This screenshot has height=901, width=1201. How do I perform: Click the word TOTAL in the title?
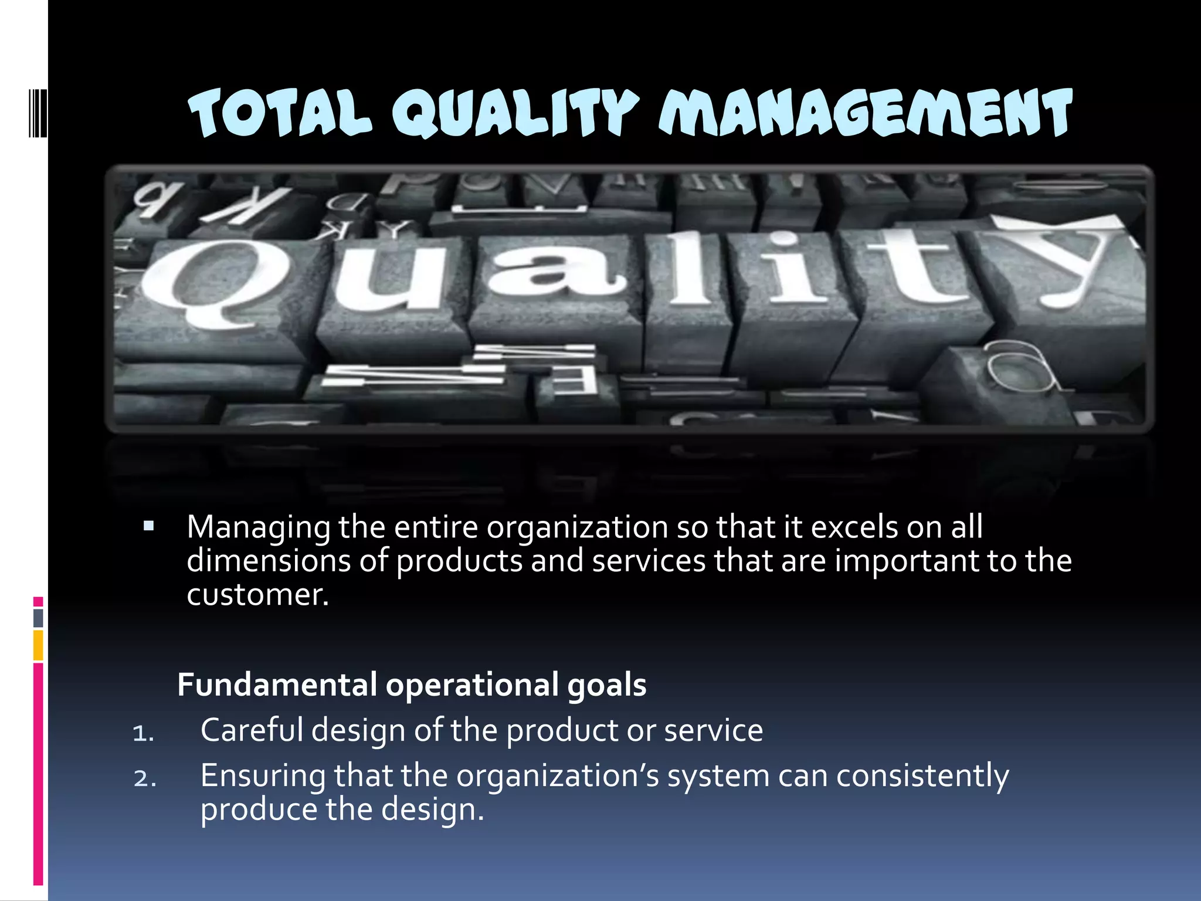(280, 113)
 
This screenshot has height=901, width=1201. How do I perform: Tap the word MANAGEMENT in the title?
(866, 113)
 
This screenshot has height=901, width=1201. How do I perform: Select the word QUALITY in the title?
(515, 113)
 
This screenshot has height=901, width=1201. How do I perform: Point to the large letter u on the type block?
(388, 276)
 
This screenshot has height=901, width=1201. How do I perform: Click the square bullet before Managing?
(148, 526)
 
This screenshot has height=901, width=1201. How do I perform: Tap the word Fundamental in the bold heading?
(277, 685)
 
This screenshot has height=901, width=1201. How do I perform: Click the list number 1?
(143, 733)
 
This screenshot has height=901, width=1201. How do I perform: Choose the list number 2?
(144, 778)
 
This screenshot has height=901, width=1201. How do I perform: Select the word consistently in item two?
(922, 775)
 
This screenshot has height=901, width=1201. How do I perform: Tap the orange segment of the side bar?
(38, 645)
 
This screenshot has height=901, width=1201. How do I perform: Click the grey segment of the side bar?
(38, 618)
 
